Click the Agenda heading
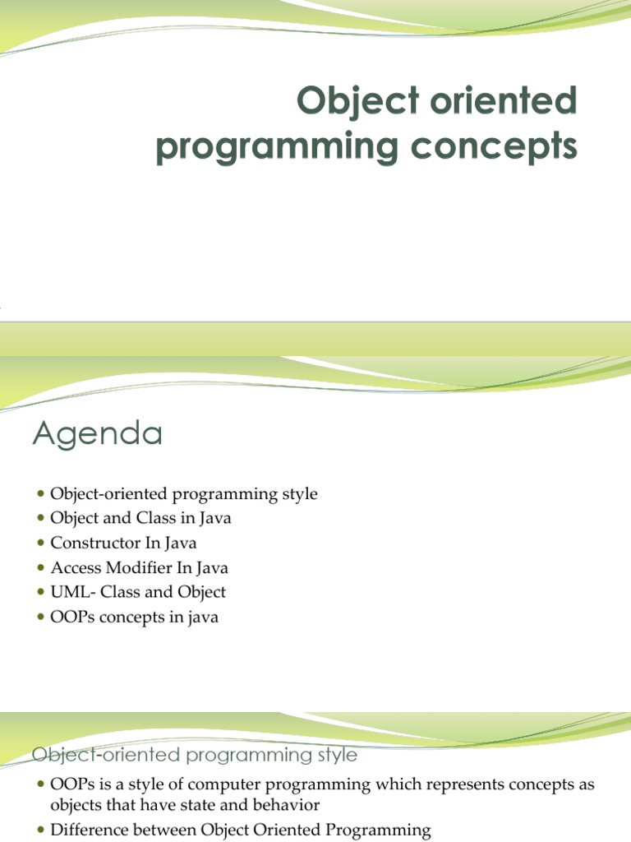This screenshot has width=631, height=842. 97,433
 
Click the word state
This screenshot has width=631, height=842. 206,805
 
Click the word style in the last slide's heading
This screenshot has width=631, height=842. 334,754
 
